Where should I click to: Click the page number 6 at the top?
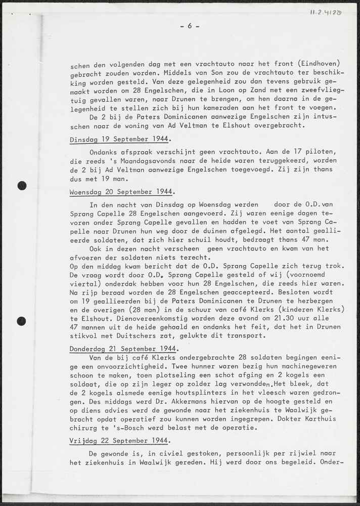(x=190, y=26)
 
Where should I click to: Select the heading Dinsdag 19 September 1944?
(x=120, y=139)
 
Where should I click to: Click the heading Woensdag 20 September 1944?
(x=122, y=192)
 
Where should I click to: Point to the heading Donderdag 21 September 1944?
(x=123, y=349)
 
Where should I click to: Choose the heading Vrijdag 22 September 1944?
(x=119, y=441)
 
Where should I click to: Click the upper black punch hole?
(x=22, y=186)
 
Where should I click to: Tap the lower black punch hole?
(x=22, y=320)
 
